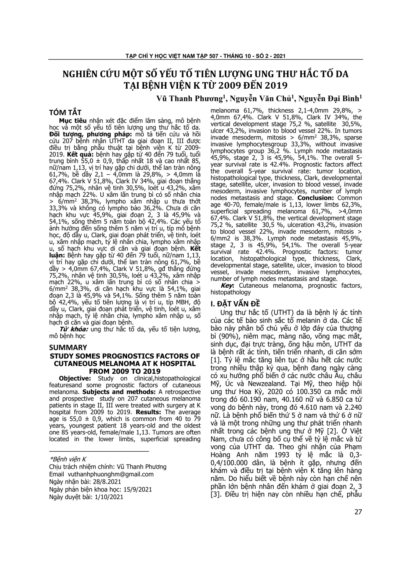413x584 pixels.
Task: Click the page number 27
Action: (x=358, y=512)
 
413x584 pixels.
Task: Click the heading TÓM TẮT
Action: (x=66, y=113)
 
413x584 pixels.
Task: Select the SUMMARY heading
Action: (x=68, y=347)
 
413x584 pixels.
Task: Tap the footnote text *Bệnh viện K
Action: (x=68, y=459)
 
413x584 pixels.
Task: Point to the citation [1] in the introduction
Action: (x=215, y=360)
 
